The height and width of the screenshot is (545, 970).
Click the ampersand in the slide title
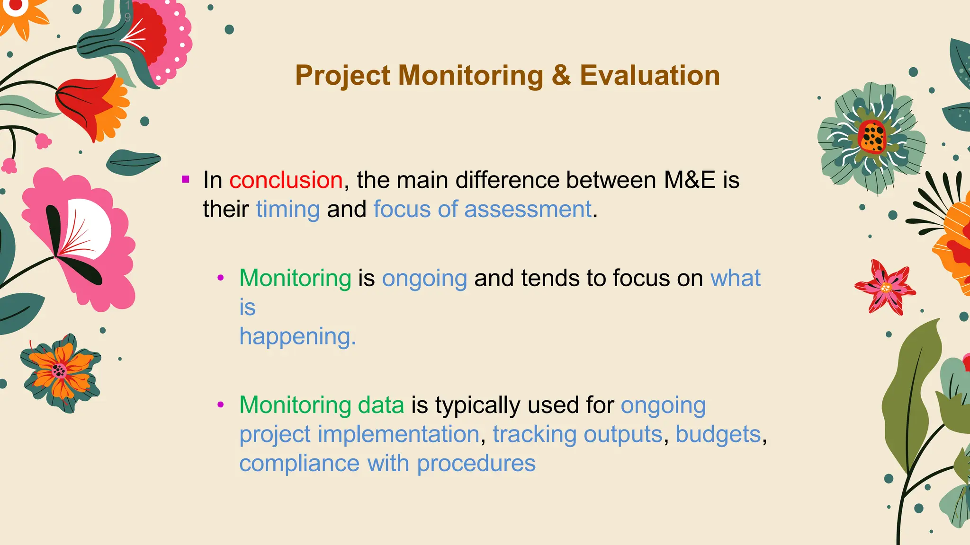point(561,76)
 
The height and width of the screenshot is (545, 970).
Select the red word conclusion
point(286,180)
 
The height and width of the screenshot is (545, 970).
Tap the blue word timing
point(288,209)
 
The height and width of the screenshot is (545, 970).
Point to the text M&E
point(689,180)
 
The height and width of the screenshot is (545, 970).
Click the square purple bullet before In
point(186,179)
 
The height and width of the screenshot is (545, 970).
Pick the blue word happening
point(297,336)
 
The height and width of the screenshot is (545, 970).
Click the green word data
point(381,405)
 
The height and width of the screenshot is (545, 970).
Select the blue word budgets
point(718,434)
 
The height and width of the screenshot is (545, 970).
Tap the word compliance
point(299,463)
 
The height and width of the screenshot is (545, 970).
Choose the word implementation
point(398,434)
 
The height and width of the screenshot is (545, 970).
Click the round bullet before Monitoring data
point(220,404)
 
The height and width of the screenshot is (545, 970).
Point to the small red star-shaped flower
point(885,287)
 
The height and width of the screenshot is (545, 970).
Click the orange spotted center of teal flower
point(872,137)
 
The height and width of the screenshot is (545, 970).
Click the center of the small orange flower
point(59,370)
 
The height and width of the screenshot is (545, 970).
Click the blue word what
point(735,278)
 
